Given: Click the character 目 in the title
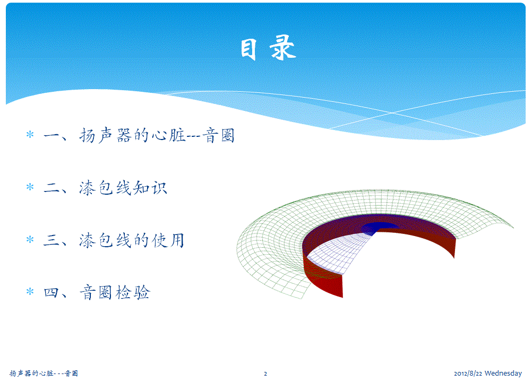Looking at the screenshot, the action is pos(248,49).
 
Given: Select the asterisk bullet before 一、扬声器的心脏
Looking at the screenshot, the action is pos(30,134).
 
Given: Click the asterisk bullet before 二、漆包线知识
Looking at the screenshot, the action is pos(30,187).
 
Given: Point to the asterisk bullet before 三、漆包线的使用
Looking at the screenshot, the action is pos(30,239).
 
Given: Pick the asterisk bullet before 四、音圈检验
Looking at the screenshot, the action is pos(30,291).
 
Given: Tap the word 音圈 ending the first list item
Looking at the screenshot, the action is pos(219,136).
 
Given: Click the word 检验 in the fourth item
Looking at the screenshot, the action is pos(133,292).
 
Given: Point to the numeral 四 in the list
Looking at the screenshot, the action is pos(51,292).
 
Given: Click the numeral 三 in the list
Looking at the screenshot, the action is pos(51,240).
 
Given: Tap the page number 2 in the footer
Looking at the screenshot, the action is pos(265,374).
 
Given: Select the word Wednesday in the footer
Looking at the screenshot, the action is pos(503,373).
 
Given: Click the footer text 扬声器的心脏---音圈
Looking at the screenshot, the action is pos(44,373).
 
